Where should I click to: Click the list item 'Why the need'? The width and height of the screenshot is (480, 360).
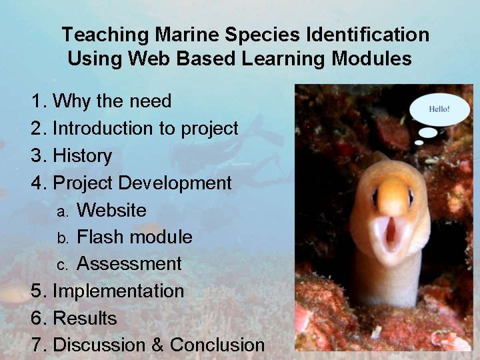click(111, 101)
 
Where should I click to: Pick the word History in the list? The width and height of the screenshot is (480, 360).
click(82, 155)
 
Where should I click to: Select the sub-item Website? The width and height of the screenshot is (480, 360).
click(111, 210)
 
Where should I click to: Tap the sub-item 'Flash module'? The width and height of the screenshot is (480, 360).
click(135, 237)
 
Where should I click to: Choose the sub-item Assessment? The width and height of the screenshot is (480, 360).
click(129, 264)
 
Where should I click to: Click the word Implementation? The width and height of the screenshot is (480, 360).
click(118, 291)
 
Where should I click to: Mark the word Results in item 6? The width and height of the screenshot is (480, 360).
click(85, 319)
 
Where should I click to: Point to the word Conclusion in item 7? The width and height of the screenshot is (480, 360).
click(217, 345)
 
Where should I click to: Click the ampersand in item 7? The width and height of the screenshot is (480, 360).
click(157, 345)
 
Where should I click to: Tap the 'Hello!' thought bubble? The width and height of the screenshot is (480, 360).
click(439, 109)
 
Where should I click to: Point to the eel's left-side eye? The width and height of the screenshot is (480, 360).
click(375, 197)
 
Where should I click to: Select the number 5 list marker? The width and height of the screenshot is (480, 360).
click(37, 291)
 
